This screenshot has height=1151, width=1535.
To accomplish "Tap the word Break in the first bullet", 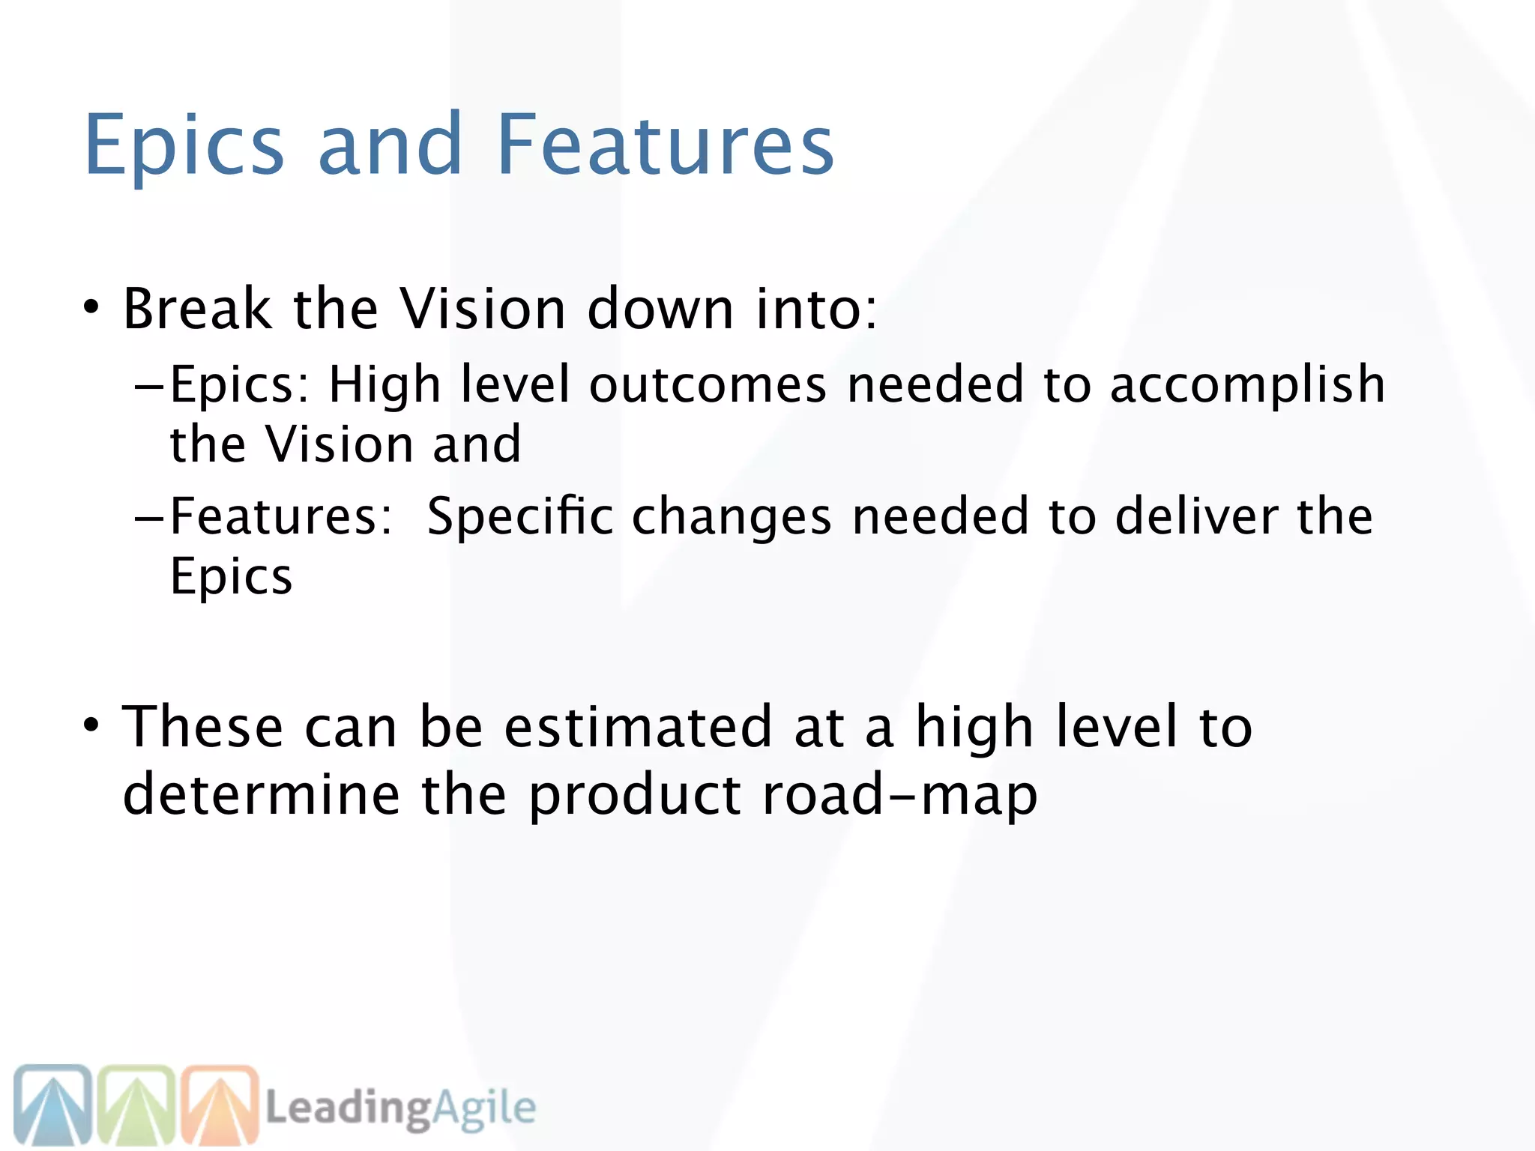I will (197, 309).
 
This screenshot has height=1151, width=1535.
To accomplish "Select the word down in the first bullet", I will (660, 309).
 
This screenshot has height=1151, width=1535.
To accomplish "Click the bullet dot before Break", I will (91, 307).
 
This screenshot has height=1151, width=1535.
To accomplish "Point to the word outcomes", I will (708, 384).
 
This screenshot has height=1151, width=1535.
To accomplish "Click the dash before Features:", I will (149, 518).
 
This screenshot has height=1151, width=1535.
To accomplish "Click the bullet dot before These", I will (91, 725).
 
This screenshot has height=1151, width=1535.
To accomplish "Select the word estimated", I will (638, 727).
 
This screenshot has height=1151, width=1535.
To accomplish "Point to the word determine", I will (262, 794).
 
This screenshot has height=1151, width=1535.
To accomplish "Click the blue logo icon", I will (52, 1105).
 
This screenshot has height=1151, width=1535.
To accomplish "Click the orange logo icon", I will (219, 1105).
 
